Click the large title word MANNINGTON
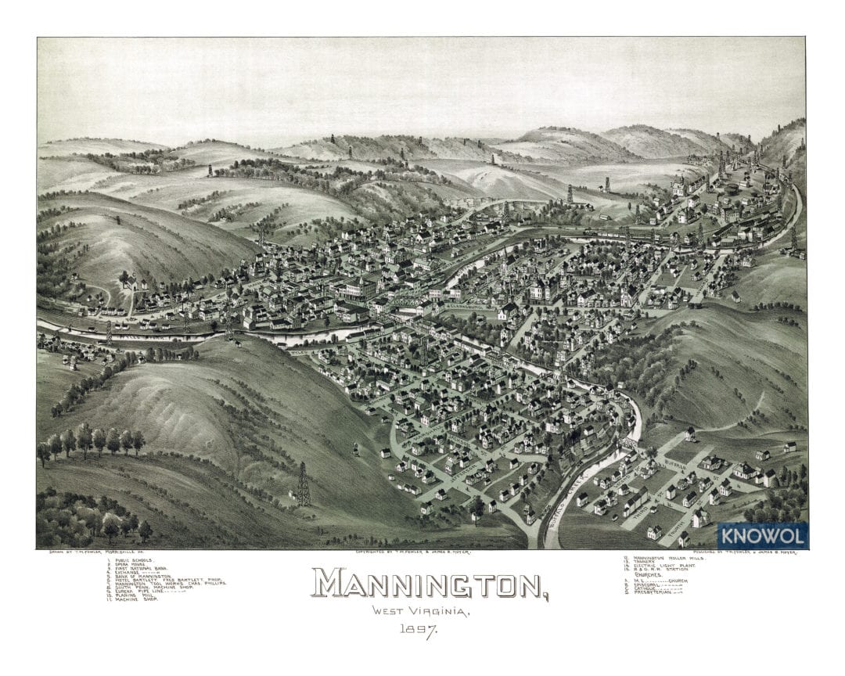(430, 584)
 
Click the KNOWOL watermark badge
(762, 536)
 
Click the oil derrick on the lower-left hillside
(302, 484)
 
